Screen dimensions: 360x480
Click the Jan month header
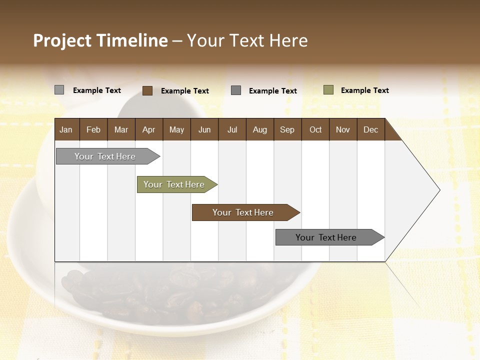(x=66, y=129)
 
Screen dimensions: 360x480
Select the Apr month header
(x=148, y=129)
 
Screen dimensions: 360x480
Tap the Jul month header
(x=232, y=129)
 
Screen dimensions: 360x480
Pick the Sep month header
(x=287, y=129)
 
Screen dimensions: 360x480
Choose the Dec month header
(x=370, y=129)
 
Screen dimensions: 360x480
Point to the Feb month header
(x=93, y=129)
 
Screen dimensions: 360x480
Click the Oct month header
(x=315, y=129)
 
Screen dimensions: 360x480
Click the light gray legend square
(x=59, y=90)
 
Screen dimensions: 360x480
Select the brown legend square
(x=147, y=90)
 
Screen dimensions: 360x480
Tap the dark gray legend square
(x=236, y=90)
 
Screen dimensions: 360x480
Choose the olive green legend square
(x=328, y=90)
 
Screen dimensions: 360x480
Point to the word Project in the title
(x=62, y=40)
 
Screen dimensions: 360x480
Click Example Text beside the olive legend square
(x=364, y=90)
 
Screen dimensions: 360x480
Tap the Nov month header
(x=342, y=129)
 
